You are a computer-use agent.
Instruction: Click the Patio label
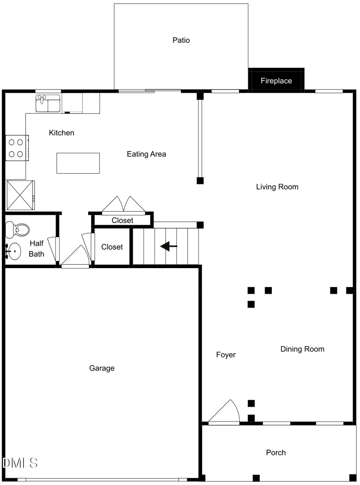[x=181, y=40]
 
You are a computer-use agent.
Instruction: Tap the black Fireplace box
[x=276, y=81]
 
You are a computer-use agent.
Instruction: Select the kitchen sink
[x=48, y=103]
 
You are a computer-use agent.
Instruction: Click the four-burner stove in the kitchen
[x=17, y=148]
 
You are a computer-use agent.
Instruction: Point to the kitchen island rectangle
[x=78, y=163]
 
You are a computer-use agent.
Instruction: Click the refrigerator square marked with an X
[x=19, y=195]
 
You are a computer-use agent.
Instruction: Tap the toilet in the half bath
[x=17, y=229]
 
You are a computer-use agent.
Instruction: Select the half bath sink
[x=13, y=251]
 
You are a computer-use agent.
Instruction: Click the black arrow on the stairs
[x=169, y=246]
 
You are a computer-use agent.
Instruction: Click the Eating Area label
[x=146, y=154]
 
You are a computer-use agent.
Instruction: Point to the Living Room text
[x=277, y=187]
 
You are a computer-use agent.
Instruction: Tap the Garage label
[x=102, y=368]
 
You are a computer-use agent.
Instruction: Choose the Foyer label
[x=226, y=355]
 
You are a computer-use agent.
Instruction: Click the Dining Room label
[x=302, y=349]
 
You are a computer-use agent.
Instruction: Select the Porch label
[x=276, y=452]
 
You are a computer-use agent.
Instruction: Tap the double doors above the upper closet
[x=123, y=204]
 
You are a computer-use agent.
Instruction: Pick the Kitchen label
[x=62, y=133]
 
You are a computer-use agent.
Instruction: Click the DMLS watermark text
[x=20, y=463]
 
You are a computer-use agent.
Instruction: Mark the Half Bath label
[x=36, y=248]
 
